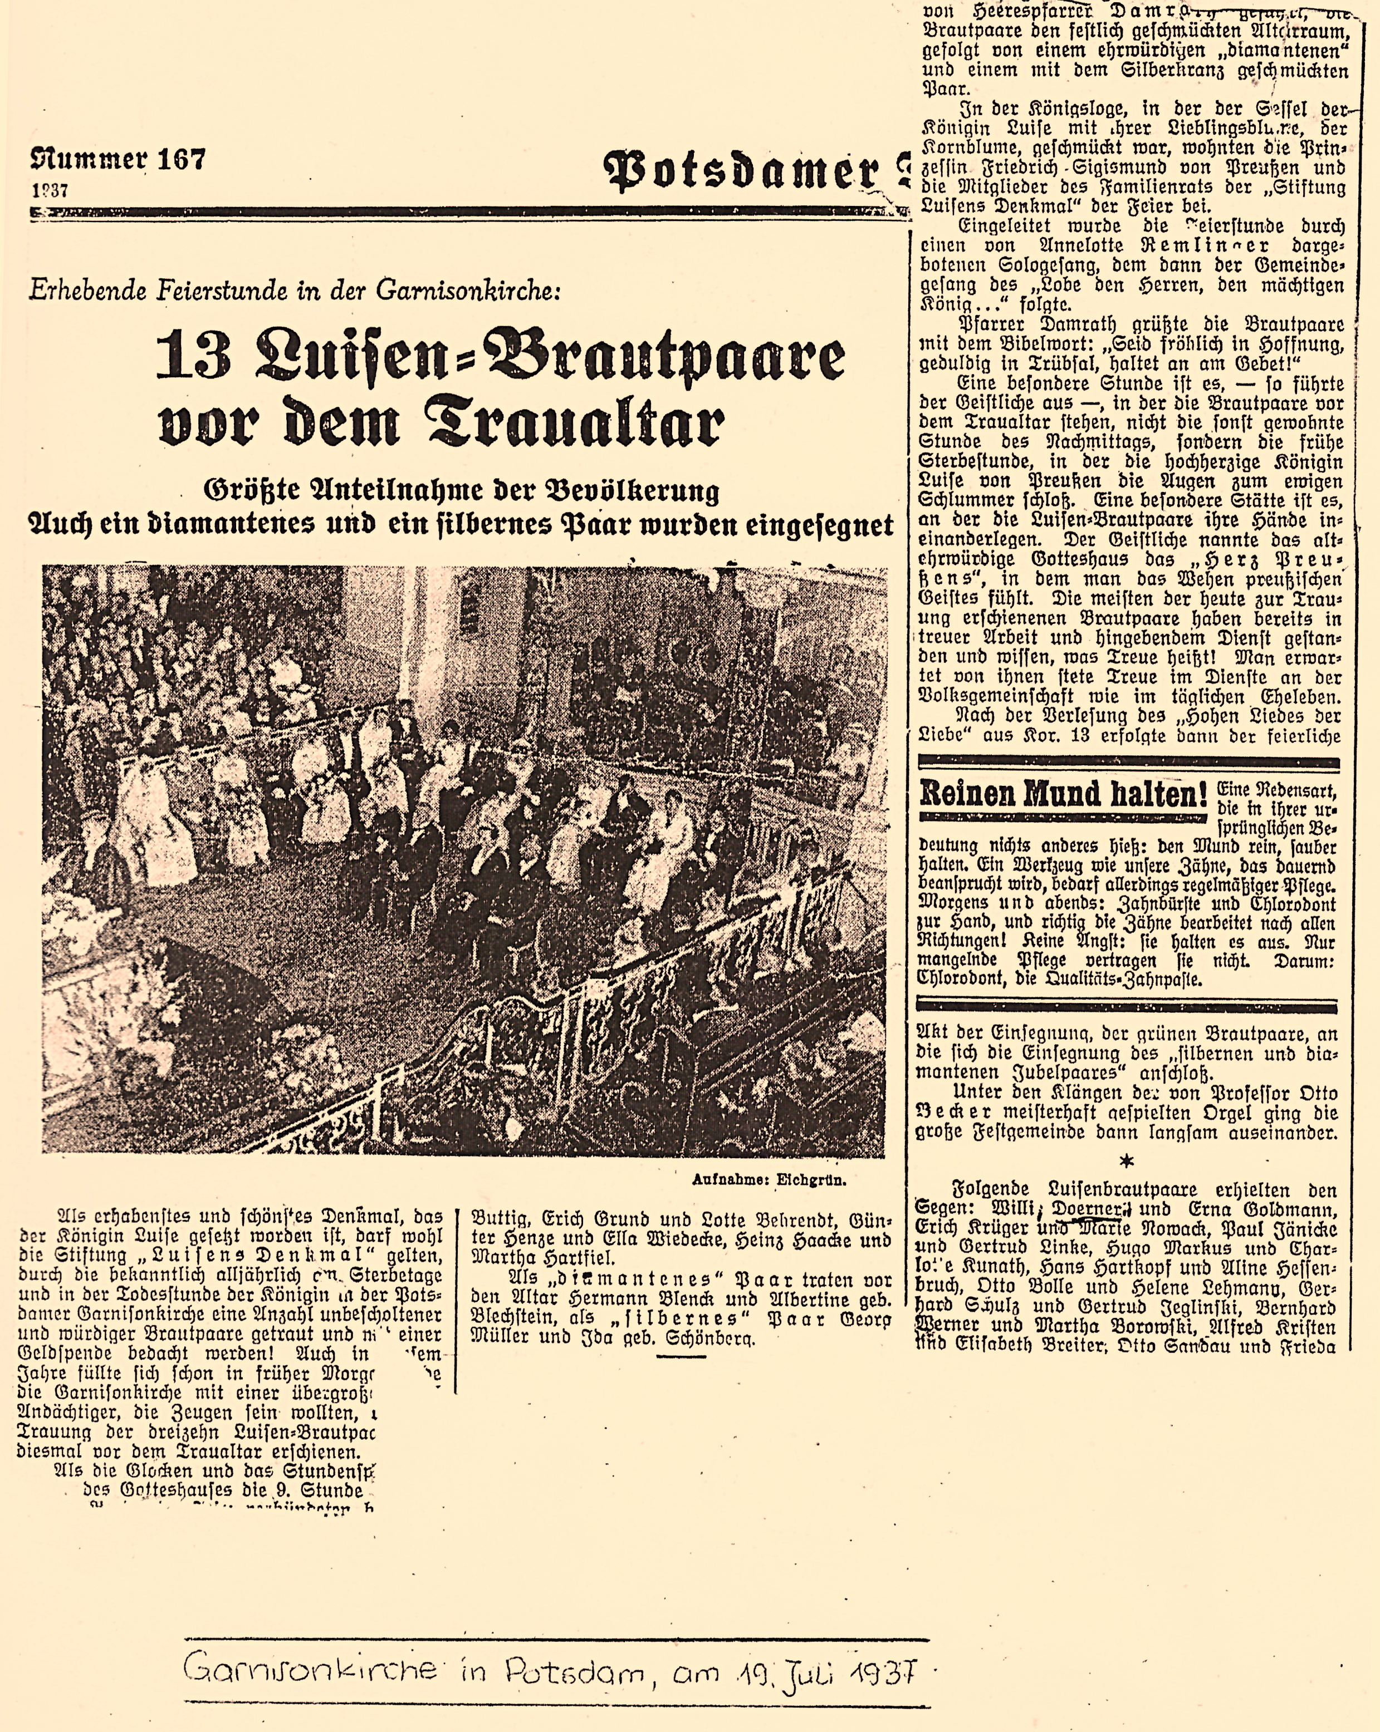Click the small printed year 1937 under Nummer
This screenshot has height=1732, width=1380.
pos(50,192)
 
